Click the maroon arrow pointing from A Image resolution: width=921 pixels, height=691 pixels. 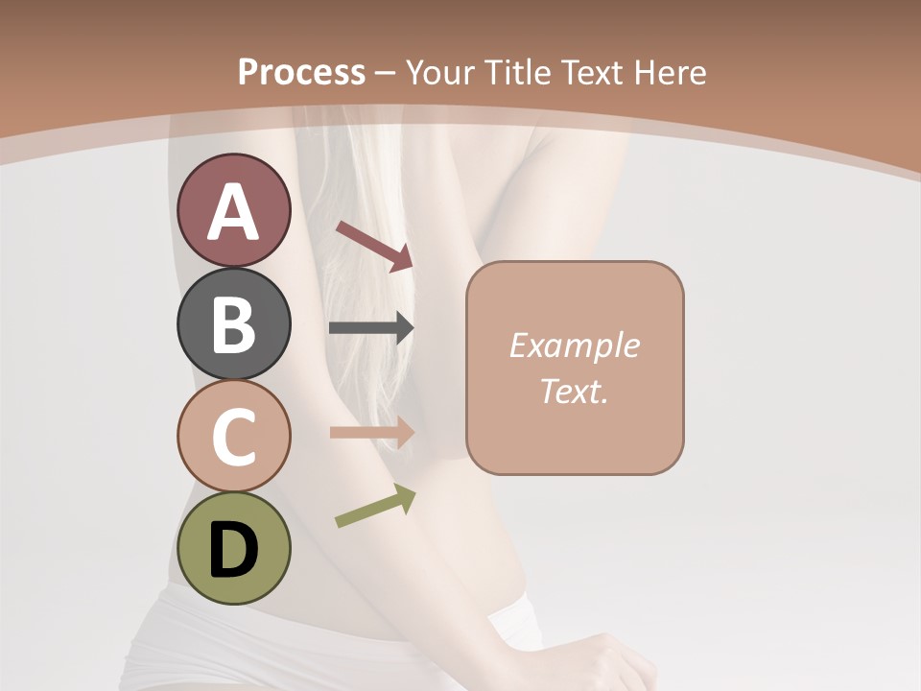(374, 245)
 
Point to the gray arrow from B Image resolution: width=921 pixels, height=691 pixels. (371, 328)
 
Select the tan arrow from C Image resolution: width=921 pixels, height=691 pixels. (371, 432)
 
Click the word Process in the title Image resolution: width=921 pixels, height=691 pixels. (301, 72)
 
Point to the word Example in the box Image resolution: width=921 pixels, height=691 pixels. (574, 345)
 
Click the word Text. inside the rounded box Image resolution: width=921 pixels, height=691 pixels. (574, 391)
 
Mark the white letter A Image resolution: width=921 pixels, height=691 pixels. (233, 212)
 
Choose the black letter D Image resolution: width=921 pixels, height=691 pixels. (233, 550)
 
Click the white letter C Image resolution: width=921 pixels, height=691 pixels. (233, 437)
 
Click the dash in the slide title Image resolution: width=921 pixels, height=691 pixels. (386, 73)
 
